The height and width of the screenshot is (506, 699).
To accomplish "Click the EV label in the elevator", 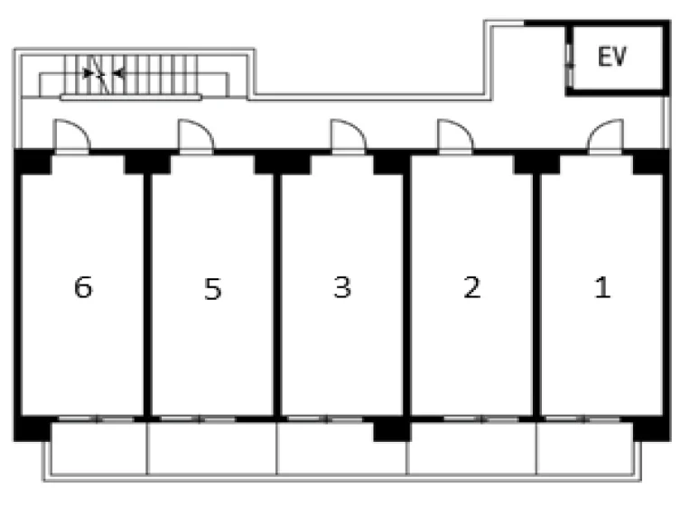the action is point(611,57).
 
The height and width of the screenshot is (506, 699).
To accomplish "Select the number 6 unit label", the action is point(83,287).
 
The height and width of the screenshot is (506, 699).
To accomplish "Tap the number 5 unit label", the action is point(212,289).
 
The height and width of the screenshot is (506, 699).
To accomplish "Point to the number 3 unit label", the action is point(342,287).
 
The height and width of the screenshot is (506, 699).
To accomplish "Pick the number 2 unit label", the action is point(472,287).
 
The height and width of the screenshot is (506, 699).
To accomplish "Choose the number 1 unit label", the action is point(602,287).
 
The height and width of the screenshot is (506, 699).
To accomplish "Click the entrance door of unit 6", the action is point(71,137).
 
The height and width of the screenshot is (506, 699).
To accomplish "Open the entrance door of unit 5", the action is point(196,137).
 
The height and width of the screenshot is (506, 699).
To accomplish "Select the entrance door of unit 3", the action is point(349,137).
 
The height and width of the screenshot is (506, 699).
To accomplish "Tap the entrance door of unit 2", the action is point(455,137).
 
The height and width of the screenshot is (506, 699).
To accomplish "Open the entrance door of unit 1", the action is point(605,137).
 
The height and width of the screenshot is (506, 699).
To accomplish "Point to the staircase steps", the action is point(131,74).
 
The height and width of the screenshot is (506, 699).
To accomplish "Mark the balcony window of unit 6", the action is point(97,419).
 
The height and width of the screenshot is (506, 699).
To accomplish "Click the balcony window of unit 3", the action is point(325,419).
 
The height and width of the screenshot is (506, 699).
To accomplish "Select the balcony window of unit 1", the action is point(583,419).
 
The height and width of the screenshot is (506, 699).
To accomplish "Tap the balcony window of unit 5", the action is point(198,419).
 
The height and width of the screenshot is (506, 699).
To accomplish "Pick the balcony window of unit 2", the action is point(481,419).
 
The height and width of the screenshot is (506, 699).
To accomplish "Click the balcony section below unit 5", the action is point(211,448).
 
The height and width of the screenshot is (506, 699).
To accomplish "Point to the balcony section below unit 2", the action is point(471,448).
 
